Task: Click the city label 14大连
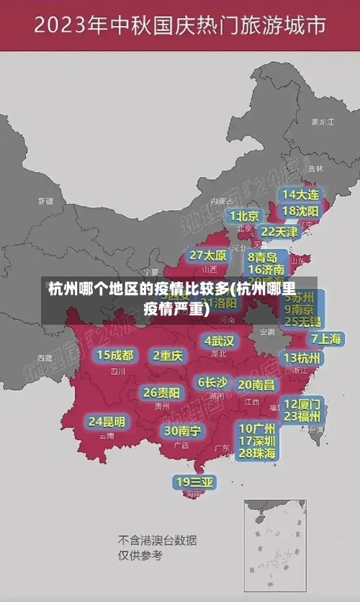[300, 194]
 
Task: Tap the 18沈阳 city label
[300, 210]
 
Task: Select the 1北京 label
[244, 215]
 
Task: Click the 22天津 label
[279, 232]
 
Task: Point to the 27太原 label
[208, 255]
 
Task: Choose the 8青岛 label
[263, 257]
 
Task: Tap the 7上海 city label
[325, 338]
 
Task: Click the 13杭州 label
[302, 358]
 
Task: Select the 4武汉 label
[219, 341]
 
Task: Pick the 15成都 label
[115, 355]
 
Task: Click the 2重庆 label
[168, 355]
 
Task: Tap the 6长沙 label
[212, 382]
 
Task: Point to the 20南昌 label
[256, 385]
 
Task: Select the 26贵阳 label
[161, 392]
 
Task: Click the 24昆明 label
[107, 421]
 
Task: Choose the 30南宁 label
[182, 431]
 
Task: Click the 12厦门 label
[302, 403]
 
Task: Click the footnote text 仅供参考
[140, 555]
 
